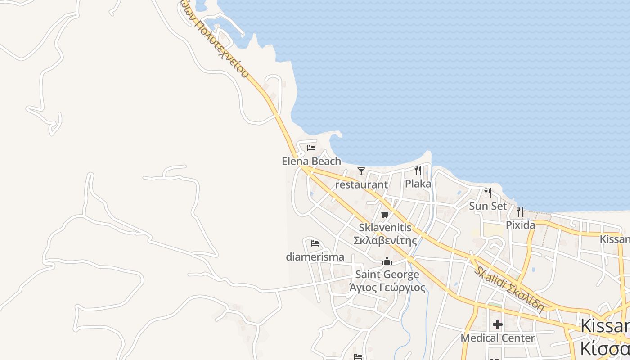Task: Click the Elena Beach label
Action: [311, 161]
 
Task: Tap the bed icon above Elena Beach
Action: [311, 148]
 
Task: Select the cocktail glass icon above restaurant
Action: [361, 171]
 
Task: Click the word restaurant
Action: [361, 184]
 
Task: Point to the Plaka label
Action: [418, 184]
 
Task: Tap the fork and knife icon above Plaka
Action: [418, 170]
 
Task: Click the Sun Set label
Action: [488, 206]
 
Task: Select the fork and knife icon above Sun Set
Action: [488, 193]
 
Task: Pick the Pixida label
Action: [520, 225]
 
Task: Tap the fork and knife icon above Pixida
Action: [520, 211]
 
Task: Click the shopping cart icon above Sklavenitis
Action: [385, 215]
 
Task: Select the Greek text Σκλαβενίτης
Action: [385, 241]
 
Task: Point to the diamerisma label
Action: [315, 257]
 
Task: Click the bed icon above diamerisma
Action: [315, 243]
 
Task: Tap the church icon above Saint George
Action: [387, 261]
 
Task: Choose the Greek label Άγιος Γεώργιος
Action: [387, 287]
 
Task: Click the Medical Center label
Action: [498, 337]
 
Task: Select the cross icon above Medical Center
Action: [498, 324]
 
